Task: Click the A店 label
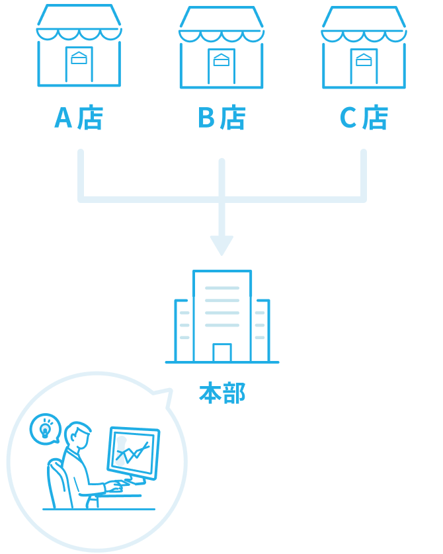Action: tap(79, 118)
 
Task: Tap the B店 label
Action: tap(221, 118)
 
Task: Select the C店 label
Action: tap(364, 118)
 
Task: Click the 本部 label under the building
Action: tap(222, 393)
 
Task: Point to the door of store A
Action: tap(79, 64)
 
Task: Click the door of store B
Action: tap(221, 66)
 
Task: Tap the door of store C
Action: tap(364, 66)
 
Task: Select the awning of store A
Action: tap(79, 24)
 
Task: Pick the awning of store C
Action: tap(364, 26)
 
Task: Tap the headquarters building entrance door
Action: tap(222, 352)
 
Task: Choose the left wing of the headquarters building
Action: tap(184, 331)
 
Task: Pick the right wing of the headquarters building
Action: tap(261, 331)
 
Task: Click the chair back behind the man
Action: tap(57, 483)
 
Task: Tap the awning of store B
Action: tap(221, 26)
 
